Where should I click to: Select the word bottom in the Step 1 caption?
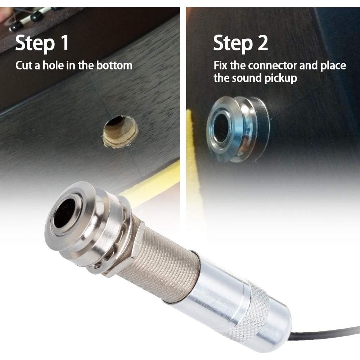tap(114, 66)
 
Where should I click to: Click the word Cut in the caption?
tap(23, 66)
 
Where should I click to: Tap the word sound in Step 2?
tap(251, 78)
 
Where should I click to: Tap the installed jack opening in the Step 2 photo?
tap(220, 129)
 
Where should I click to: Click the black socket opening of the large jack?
tap(64, 213)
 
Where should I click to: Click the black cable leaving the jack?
tap(324, 333)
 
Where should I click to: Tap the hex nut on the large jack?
tap(133, 248)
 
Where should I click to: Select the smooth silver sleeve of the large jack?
tap(209, 292)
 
